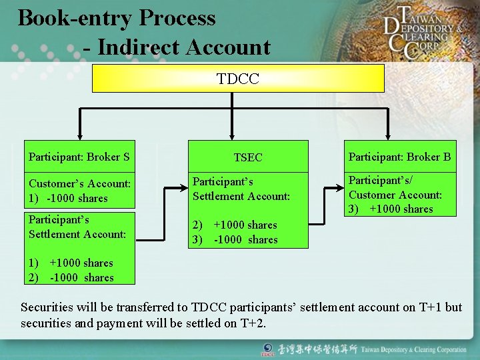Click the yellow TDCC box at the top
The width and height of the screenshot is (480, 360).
point(237,79)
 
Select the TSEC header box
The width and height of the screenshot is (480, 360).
point(248,157)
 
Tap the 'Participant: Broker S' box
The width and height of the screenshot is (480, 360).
point(79,157)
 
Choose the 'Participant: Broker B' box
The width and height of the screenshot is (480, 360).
point(399,157)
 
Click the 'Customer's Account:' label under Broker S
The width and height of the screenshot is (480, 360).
point(79,183)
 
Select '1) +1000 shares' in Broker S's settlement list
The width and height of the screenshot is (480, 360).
point(71,263)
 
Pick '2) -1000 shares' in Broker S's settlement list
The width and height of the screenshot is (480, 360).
point(71,277)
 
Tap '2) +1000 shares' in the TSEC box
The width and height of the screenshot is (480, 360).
point(235,225)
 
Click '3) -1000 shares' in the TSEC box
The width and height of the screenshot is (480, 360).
point(235,239)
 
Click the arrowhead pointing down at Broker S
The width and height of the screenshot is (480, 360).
point(79,135)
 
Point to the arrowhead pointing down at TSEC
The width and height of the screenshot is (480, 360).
point(232,135)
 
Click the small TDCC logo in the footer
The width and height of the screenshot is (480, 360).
point(268,350)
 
